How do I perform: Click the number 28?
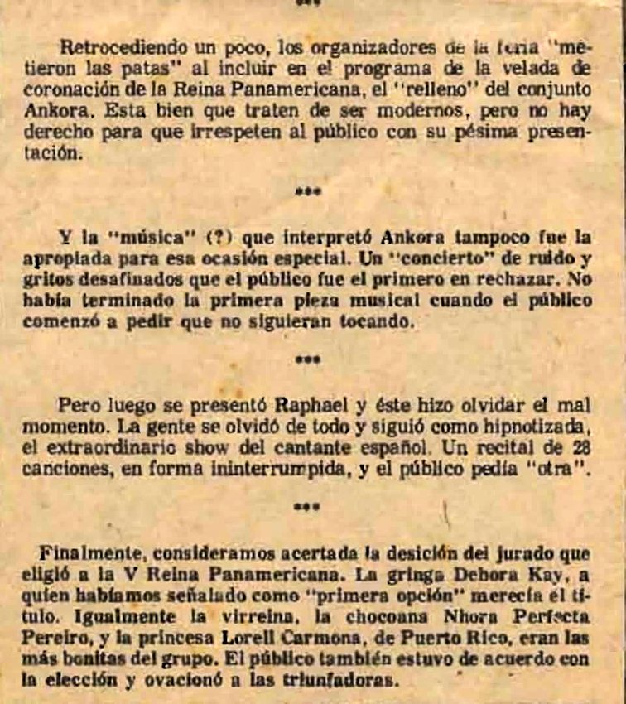click(x=580, y=449)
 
